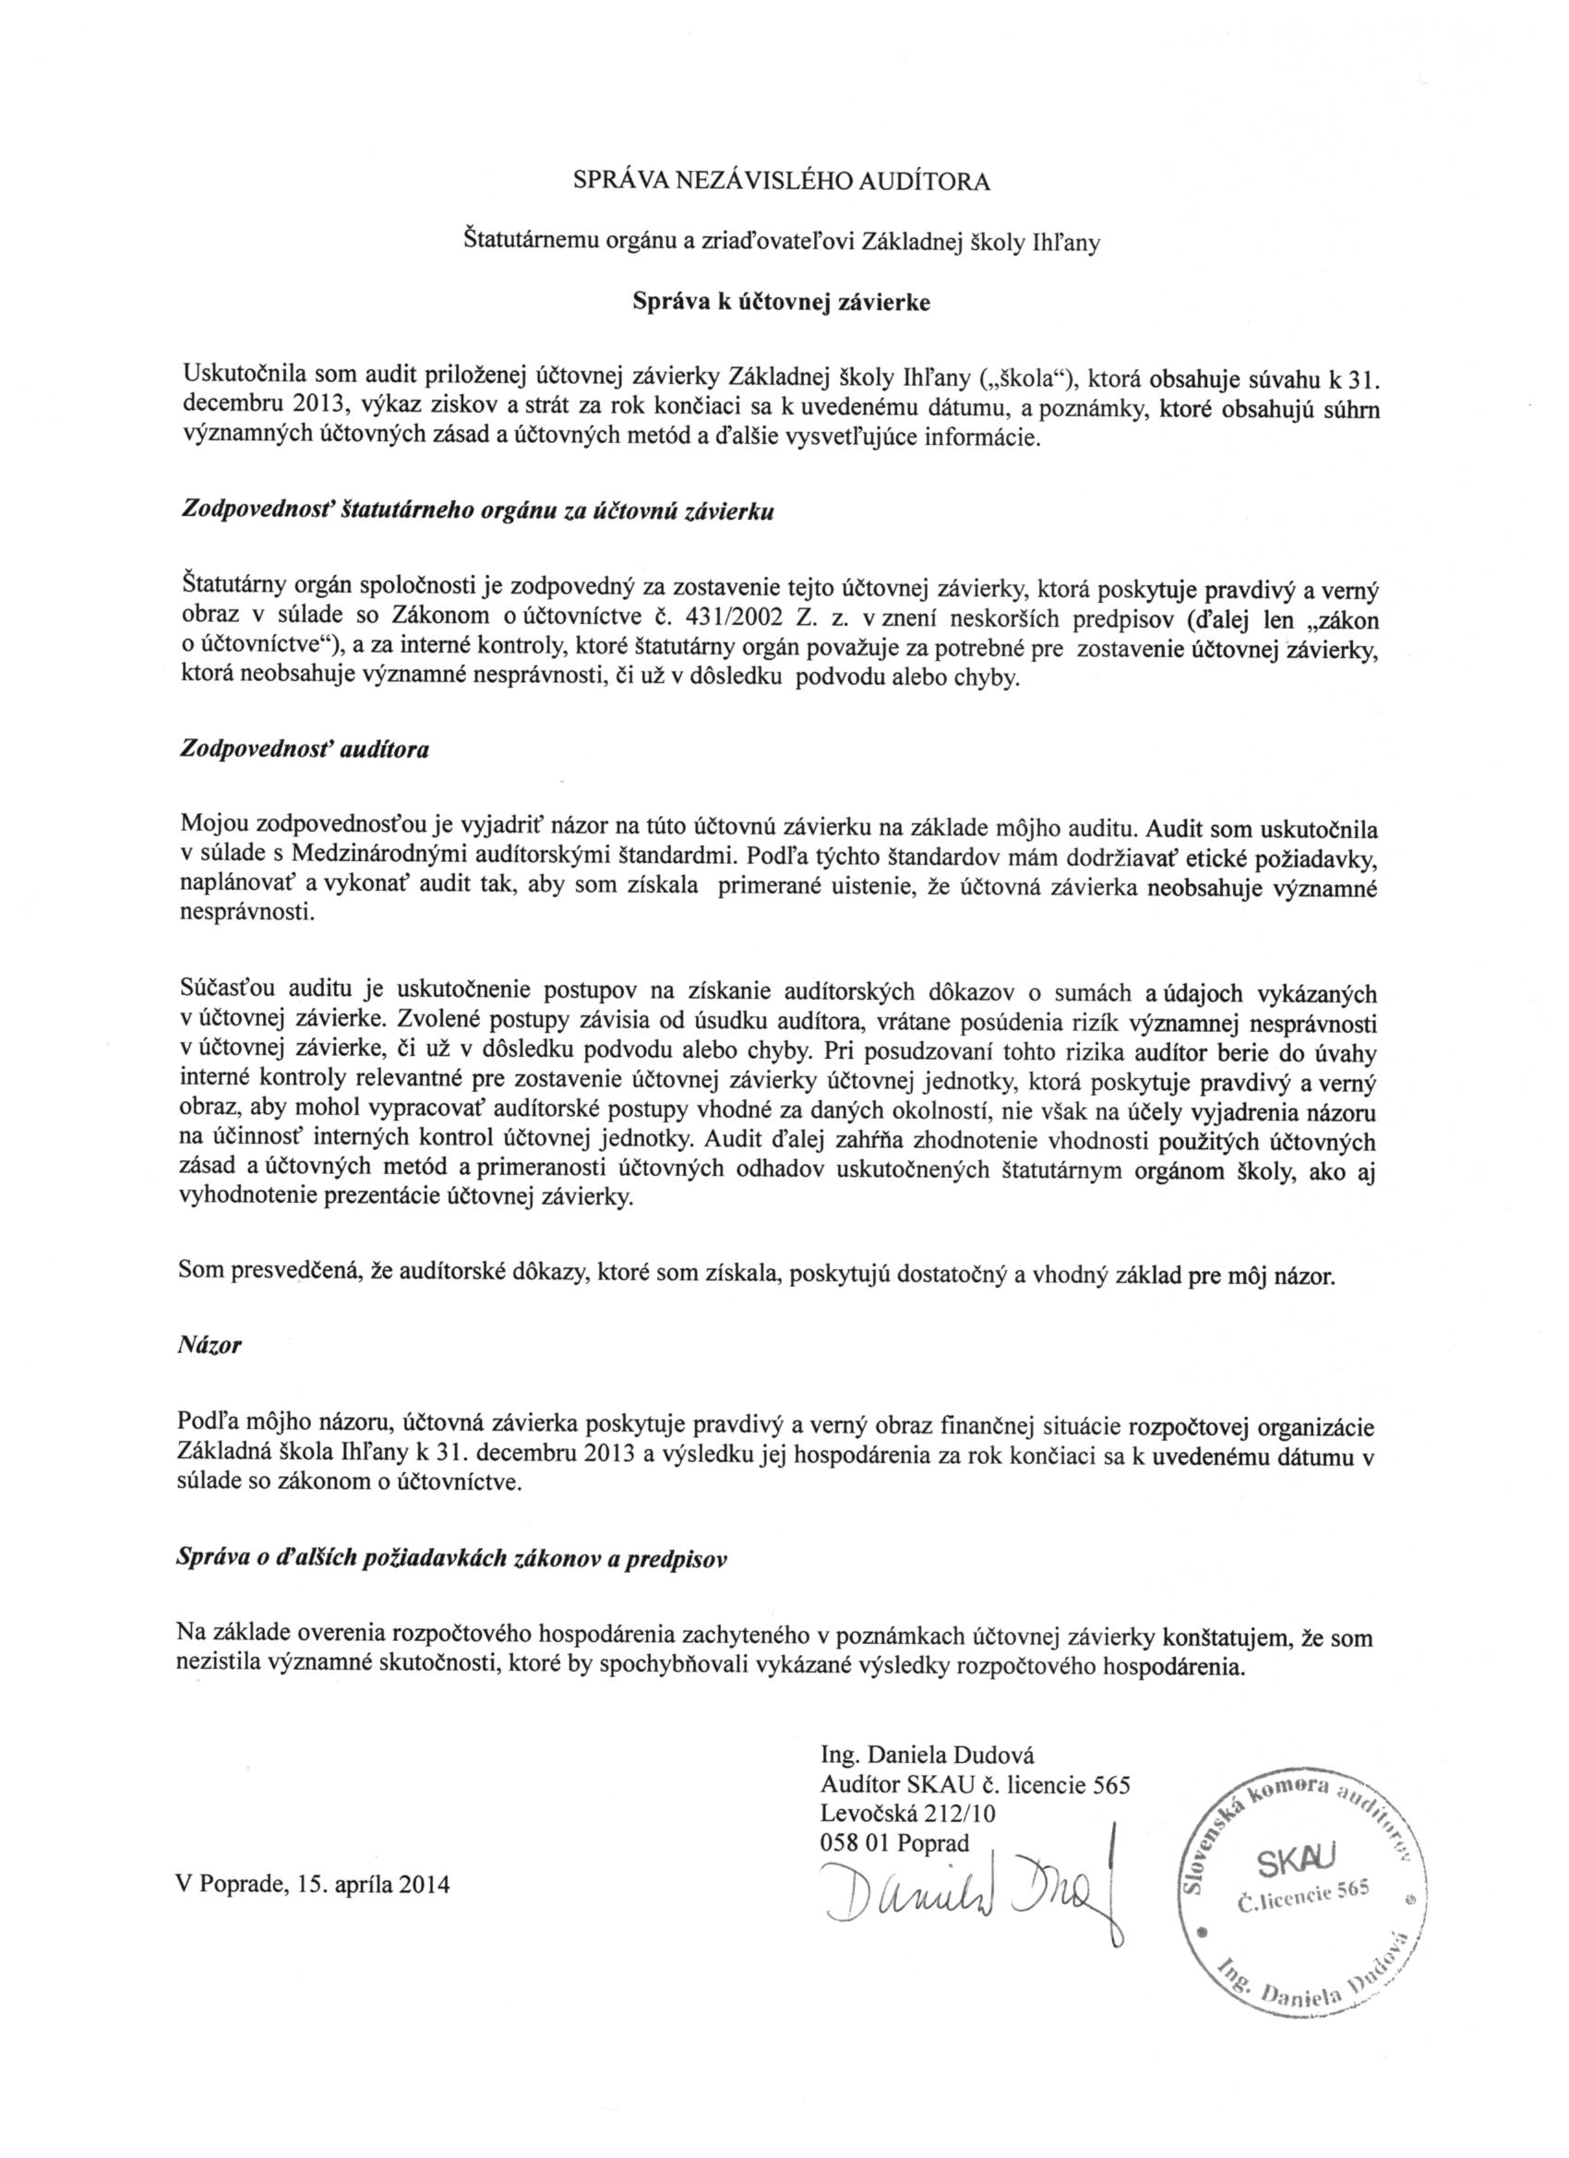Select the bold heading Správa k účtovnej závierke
coord(781,303)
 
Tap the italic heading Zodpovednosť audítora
coord(305,748)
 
